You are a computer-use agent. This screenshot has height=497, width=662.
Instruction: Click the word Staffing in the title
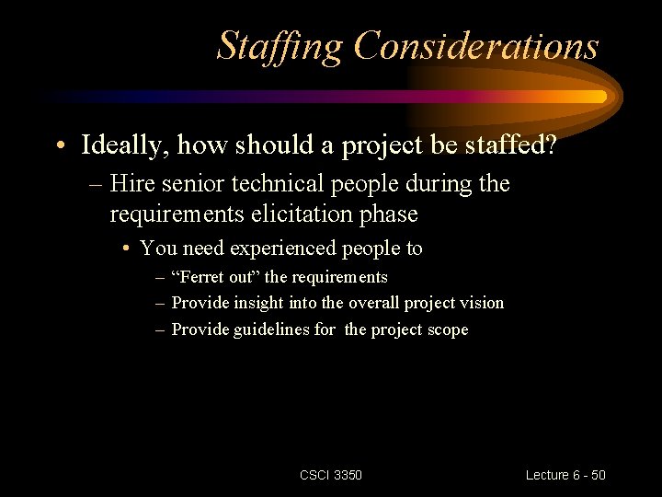[x=280, y=45]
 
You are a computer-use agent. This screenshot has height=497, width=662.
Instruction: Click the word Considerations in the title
[x=476, y=45]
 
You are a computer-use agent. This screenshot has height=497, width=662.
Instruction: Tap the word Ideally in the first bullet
[x=123, y=145]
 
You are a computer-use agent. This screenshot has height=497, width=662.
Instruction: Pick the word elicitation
[x=290, y=214]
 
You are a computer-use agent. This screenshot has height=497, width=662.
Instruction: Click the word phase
[x=386, y=214]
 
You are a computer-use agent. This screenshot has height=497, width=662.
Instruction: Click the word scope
[x=446, y=329]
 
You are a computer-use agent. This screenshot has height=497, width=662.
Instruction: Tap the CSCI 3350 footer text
[x=331, y=475]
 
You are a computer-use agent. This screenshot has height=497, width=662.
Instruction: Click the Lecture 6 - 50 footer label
[x=565, y=475]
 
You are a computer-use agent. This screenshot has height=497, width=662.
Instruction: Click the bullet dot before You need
[x=125, y=249]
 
